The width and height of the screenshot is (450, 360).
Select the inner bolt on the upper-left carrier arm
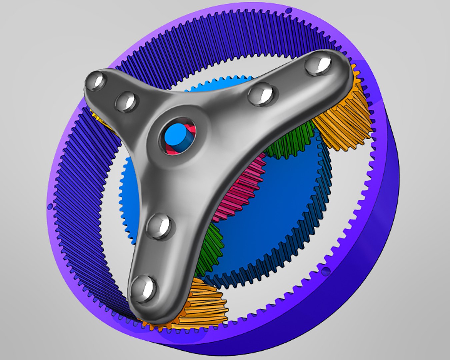(x=126, y=101)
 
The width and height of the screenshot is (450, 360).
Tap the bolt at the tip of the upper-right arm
(x=318, y=65)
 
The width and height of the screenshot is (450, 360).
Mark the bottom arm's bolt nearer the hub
(x=159, y=226)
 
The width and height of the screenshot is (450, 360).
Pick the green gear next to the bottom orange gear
(x=210, y=247)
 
